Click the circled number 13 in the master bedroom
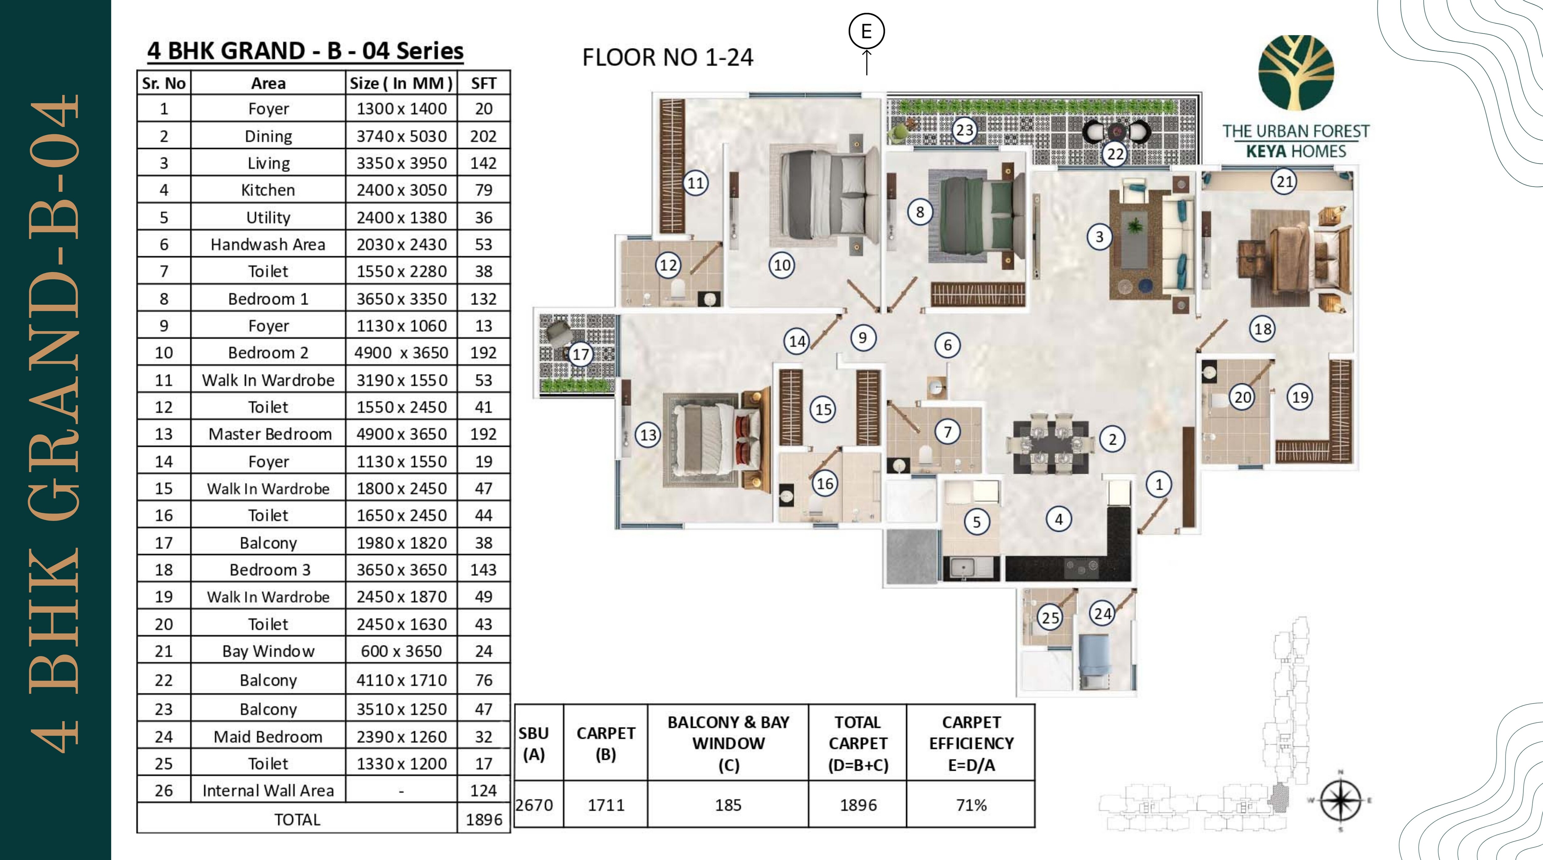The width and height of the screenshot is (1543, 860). (x=648, y=435)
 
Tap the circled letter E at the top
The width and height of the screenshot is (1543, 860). (x=866, y=31)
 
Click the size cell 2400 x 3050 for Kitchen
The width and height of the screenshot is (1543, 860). (x=401, y=190)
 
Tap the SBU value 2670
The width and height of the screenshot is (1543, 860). (x=534, y=805)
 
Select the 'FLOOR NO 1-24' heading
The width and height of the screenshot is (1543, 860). (x=667, y=57)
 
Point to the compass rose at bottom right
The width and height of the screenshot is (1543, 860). (x=1341, y=801)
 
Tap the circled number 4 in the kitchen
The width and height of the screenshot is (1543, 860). (x=1058, y=519)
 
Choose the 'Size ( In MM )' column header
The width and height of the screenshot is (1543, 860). (x=401, y=83)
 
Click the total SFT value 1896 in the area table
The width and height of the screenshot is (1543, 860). (x=483, y=819)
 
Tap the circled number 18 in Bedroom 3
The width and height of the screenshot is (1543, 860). (x=1263, y=328)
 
